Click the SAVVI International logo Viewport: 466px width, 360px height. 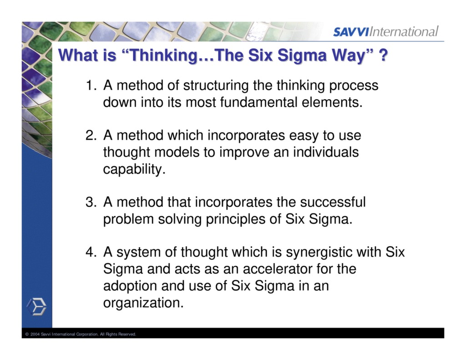385,31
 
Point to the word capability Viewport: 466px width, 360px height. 132,169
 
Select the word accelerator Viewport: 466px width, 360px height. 267,269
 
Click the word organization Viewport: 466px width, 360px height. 143,302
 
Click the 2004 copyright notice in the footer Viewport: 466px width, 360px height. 81,335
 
